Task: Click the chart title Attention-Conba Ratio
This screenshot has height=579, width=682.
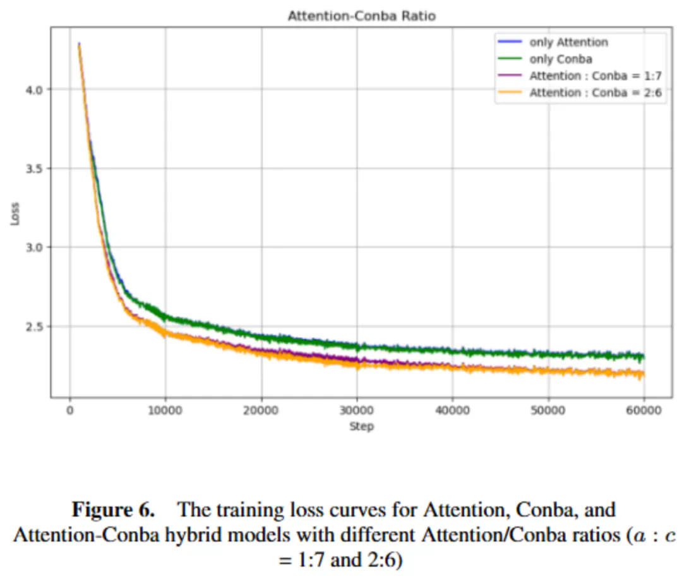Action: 361,16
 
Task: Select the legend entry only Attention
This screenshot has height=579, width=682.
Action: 568,42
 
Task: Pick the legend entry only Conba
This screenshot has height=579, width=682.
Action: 561,59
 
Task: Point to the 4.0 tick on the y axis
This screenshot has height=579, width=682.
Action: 32,89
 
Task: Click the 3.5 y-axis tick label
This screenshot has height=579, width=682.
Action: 32,168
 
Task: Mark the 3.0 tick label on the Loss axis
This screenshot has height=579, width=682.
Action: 32,247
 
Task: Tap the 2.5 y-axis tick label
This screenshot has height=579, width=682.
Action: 32,326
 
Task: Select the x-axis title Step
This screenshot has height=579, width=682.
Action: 361,427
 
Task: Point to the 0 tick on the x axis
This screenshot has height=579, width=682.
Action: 69,411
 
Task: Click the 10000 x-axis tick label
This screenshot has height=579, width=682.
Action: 165,411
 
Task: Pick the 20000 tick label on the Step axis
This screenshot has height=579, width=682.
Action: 261,411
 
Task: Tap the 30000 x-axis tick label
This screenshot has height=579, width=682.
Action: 357,411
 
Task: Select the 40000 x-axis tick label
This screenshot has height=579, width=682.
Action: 453,411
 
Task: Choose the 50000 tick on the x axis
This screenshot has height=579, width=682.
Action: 548,411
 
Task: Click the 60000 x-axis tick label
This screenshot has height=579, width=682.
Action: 644,411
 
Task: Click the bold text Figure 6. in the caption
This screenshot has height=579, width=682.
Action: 117,510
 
